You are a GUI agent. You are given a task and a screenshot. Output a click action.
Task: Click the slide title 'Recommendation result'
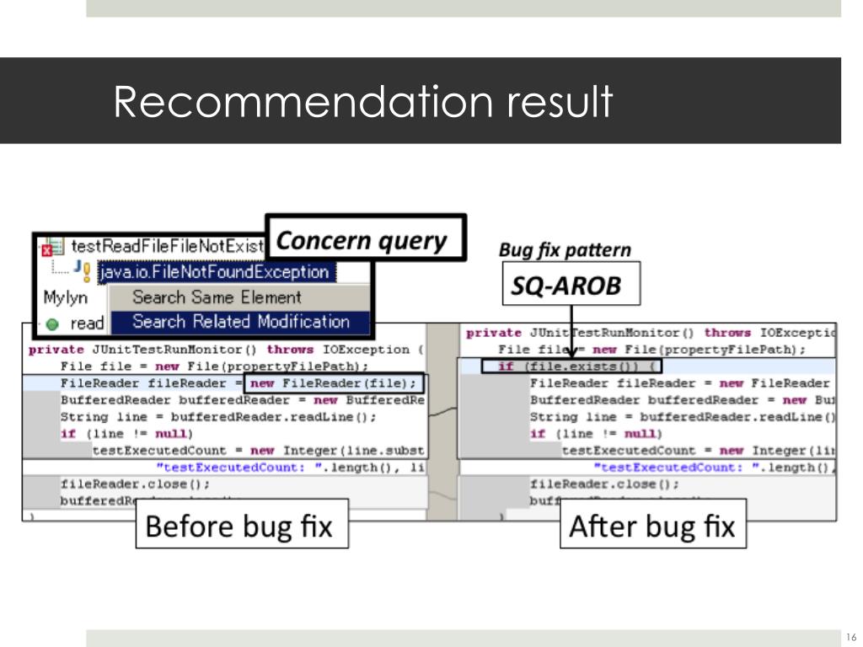pyautogui.click(x=362, y=102)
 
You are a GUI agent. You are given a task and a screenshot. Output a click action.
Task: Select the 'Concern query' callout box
pyautogui.click(x=365, y=241)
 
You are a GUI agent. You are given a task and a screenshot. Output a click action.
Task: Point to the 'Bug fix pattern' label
pyautogui.click(x=565, y=249)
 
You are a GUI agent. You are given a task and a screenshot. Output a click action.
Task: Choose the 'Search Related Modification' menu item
pyautogui.click(x=240, y=322)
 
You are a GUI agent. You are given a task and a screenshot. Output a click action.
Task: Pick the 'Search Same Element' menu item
pyautogui.click(x=217, y=297)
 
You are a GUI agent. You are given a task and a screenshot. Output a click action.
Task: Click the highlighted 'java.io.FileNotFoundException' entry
pyautogui.click(x=215, y=272)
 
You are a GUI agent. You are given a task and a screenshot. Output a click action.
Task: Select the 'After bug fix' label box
pyautogui.click(x=652, y=527)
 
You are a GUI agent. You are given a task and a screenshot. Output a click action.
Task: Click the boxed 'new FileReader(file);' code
pyautogui.click(x=332, y=383)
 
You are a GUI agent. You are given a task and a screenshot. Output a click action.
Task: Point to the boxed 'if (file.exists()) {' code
pyautogui.click(x=572, y=366)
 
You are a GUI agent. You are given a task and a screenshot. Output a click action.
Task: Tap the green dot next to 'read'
pyautogui.click(x=52, y=323)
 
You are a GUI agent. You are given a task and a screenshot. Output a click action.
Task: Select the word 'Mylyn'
pyautogui.click(x=65, y=297)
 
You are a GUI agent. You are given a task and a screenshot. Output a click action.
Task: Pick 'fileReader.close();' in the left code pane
pyautogui.click(x=135, y=484)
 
